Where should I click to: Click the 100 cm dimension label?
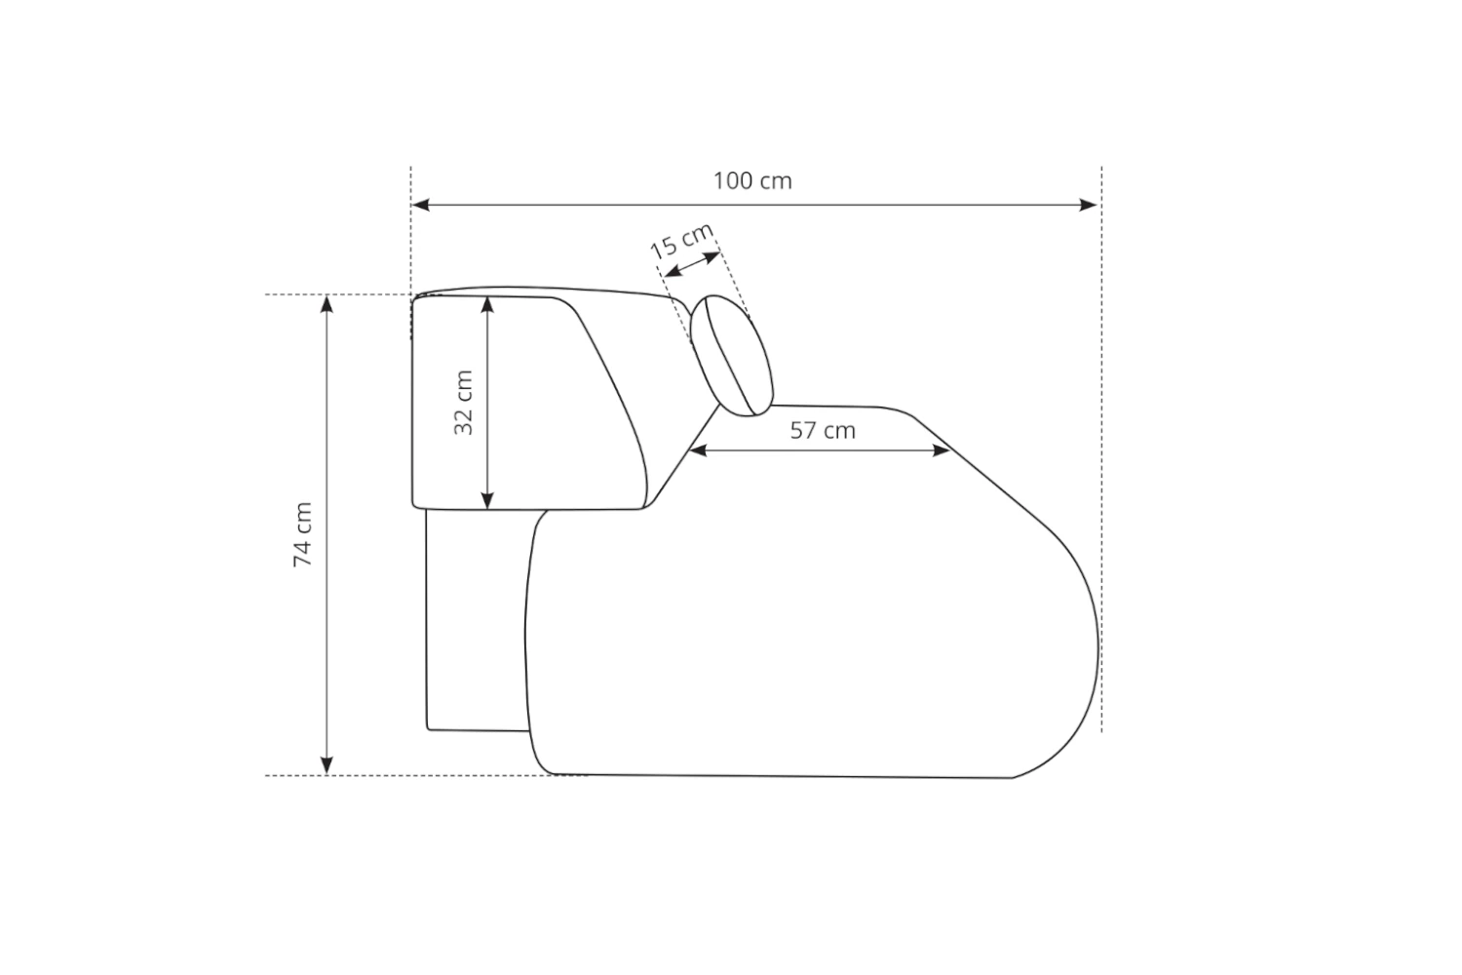[x=751, y=181]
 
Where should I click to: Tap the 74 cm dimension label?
[x=303, y=534]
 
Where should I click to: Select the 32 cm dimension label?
[x=463, y=403]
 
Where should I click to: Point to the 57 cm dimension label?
[x=823, y=430]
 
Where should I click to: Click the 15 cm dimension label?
[x=682, y=241]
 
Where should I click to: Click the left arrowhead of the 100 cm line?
[x=420, y=205]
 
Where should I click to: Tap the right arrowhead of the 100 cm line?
[x=1088, y=205]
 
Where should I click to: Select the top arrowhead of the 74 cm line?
[x=327, y=304]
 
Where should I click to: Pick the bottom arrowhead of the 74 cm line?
[x=327, y=765]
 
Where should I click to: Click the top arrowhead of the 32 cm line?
[x=487, y=305]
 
